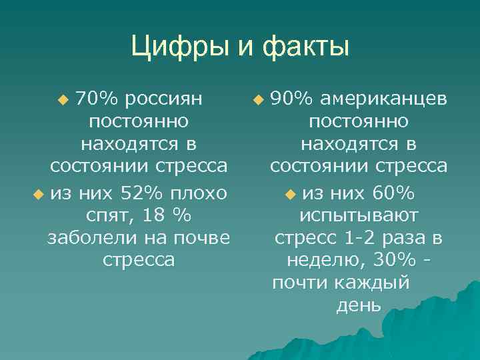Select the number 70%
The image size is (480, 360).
coord(97,99)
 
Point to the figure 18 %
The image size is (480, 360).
coord(167,215)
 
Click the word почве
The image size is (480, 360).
coord(199,237)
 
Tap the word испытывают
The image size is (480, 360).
coord(359,215)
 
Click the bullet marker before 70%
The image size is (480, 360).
coord(64,100)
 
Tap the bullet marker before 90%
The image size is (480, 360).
coord(258,100)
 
